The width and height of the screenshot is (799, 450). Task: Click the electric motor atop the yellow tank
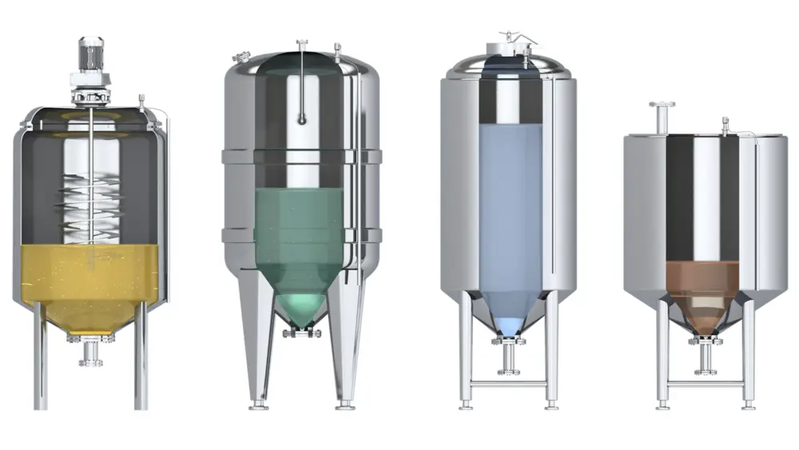click(89, 54)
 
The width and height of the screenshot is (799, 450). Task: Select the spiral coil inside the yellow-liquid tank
click(89, 208)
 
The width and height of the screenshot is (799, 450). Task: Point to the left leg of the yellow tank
click(40, 360)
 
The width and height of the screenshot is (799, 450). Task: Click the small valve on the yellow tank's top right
click(141, 102)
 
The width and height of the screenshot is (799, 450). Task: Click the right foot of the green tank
click(345, 404)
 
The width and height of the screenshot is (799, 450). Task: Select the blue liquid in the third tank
click(508, 216)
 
